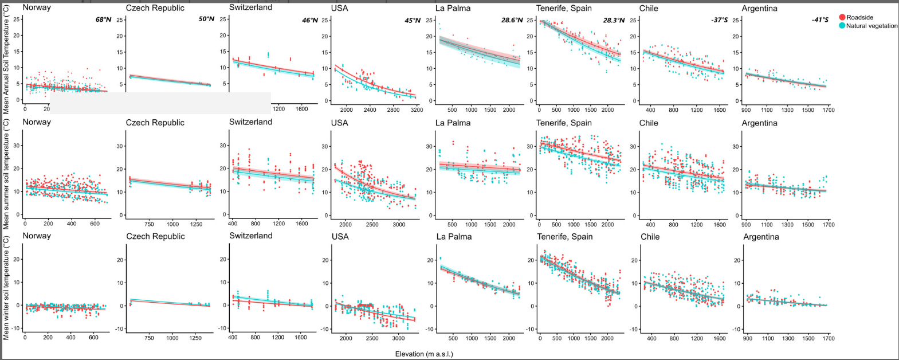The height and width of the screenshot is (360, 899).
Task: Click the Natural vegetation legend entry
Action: click(x=871, y=26)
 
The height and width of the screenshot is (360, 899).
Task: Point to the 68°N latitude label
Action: click(x=104, y=20)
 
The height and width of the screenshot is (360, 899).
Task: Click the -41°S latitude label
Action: click(x=820, y=20)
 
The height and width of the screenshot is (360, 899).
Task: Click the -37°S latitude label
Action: click(x=719, y=20)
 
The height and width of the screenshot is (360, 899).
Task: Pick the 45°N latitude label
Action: click(x=411, y=20)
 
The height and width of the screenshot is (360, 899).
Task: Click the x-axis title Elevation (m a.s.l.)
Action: click(x=424, y=354)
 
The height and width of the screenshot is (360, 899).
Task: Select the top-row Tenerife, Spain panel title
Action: click(x=564, y=8)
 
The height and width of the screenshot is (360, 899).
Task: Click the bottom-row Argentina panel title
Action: click(x=761, y=237)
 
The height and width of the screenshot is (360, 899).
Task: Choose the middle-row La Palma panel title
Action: click(x=453, y=123)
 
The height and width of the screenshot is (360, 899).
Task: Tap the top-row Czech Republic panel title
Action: click(x=155, y=8)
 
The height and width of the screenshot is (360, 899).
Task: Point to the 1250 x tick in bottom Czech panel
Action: click(x=768, y=338)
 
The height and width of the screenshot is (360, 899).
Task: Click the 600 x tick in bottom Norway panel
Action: click(x=93, y=338)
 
